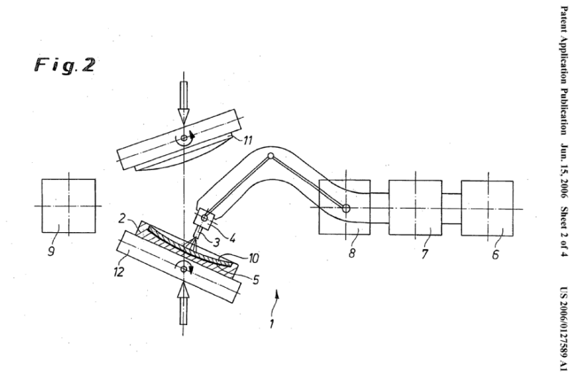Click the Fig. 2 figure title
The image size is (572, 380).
(65, 65)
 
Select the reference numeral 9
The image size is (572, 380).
(51, 251)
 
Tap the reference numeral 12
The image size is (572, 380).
(119, 271)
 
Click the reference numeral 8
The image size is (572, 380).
(352, 253)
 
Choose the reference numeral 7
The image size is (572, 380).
(424, 254)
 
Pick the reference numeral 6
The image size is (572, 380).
(495, 254)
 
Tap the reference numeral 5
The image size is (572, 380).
(255, 280)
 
